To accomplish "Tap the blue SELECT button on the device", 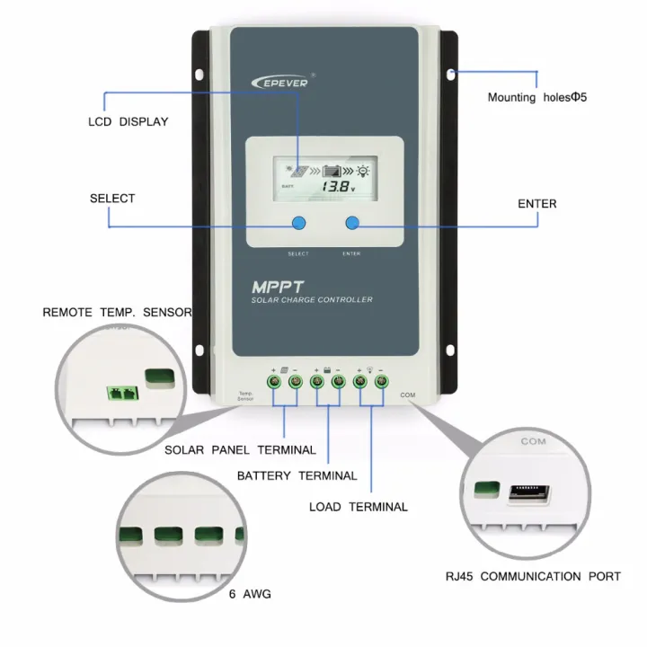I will tap(298, 224).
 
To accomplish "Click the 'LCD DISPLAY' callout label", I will tap(128, 121).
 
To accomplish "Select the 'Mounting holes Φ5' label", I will tap(536, 97).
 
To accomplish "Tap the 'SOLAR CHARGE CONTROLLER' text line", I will tap(311, 300).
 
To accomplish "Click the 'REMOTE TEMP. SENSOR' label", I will tap(117, 313).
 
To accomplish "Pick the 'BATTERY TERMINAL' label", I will tap(297, 475).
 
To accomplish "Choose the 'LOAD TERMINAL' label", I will tap(358, 507).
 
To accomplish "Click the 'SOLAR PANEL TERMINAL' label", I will tap(240, 449).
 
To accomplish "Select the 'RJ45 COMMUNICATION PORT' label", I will tap(533, 576).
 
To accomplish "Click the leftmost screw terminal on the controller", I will tap(275, 382).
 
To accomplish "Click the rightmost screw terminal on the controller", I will tap(380, 382).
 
